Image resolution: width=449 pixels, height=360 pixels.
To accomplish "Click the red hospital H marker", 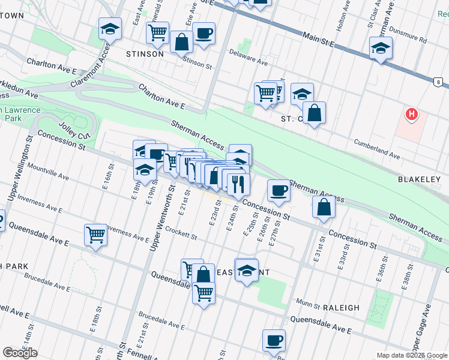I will pyautogui.click(x=411, y=113).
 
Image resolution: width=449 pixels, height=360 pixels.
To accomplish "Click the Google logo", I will pyautogui.click(x=20, y=353).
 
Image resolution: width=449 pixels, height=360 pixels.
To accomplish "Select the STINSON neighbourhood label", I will pyautogui.click(x=145, y=54).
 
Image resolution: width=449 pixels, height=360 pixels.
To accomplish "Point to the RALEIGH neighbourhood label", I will pyautogui.click(x=341, y=308).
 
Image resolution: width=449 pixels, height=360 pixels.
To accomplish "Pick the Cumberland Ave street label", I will pyautogui.click(x=376, y=149).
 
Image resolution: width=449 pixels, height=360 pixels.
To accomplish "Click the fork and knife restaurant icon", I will pyautogui.click(x=238, y=184).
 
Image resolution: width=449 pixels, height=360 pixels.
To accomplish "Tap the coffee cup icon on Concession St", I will pyautogui.click(x=278, y=190).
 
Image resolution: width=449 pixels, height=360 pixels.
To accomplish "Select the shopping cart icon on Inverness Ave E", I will pyautogui.click(x=95, y=235).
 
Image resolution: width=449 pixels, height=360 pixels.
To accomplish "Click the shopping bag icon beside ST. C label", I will pyautogui.click(x=314, y=112).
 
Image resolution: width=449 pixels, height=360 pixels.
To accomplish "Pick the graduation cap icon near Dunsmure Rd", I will pyautogui.click(x=381, y=49).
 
